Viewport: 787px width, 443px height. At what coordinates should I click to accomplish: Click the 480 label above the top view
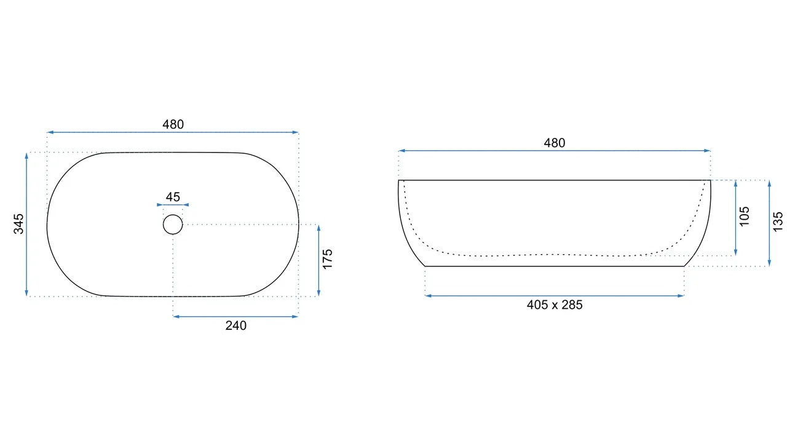(x=173, y=124)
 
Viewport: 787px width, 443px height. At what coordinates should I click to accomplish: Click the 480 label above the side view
(x=555, y=143)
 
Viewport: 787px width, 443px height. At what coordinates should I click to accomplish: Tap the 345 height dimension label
(x=18, y=224)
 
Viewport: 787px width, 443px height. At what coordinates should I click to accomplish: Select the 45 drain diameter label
(x=173, y=197)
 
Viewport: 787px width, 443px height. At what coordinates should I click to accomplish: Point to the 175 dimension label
(x=328, y=260)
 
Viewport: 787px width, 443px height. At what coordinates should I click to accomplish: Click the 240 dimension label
(x=235, y=325)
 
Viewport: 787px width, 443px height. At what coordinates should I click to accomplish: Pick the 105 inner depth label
(x=744, y=217)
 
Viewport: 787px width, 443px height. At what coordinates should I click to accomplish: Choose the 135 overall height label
(x=778, y=221)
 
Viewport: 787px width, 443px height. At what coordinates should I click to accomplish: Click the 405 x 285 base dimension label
(x=555, y=305)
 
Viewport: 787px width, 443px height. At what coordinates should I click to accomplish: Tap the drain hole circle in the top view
(x=173, y=215)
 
